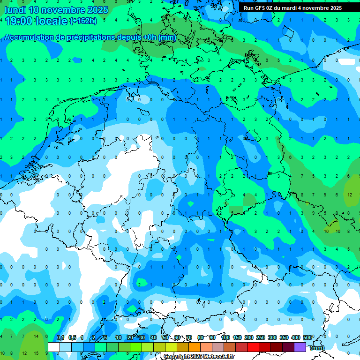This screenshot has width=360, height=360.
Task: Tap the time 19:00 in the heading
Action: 19,21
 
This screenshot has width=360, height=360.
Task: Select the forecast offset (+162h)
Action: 83,21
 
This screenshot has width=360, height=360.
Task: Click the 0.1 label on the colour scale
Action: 60,337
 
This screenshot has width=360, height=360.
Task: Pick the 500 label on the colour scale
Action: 308,337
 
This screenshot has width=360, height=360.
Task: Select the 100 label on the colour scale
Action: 225,337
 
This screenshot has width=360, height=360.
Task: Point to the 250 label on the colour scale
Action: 261,337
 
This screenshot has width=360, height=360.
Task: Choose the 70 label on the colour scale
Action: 189,337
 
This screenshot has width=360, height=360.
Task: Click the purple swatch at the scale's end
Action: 300,347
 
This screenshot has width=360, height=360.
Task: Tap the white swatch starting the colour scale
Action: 54,347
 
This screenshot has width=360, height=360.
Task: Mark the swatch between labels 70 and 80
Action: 195,347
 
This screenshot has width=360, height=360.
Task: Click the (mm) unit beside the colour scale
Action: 317,348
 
